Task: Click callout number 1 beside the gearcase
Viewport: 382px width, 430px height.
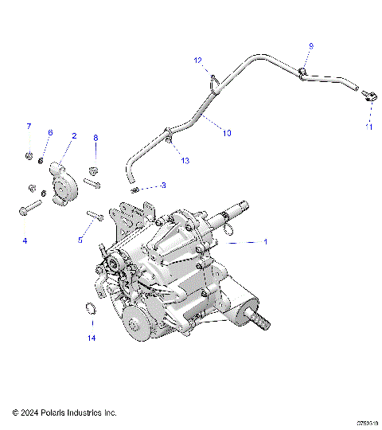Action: click(x=265, y=241)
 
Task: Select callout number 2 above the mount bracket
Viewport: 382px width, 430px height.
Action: click(x=74, y=136)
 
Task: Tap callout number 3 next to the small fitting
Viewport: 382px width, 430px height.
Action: click(x=163, y=186)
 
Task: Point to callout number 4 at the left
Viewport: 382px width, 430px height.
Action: click(x=25, y=240)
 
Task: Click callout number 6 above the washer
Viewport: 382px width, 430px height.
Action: click(x=50, y=132)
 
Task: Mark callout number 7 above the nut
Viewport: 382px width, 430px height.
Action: click(x=29, y=127)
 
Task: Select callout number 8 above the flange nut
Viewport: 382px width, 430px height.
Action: click(x=95, y=138)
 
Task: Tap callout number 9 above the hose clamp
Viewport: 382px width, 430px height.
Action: click(x=310, y=46)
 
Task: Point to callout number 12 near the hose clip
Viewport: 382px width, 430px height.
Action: click(x=198, y=61)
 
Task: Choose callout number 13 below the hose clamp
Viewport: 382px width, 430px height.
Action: click(x=185, y=161)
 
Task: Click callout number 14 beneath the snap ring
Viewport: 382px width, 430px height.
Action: click(x=92, y=338)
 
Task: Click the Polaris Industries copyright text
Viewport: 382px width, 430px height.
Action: click(x=64, y=412)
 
